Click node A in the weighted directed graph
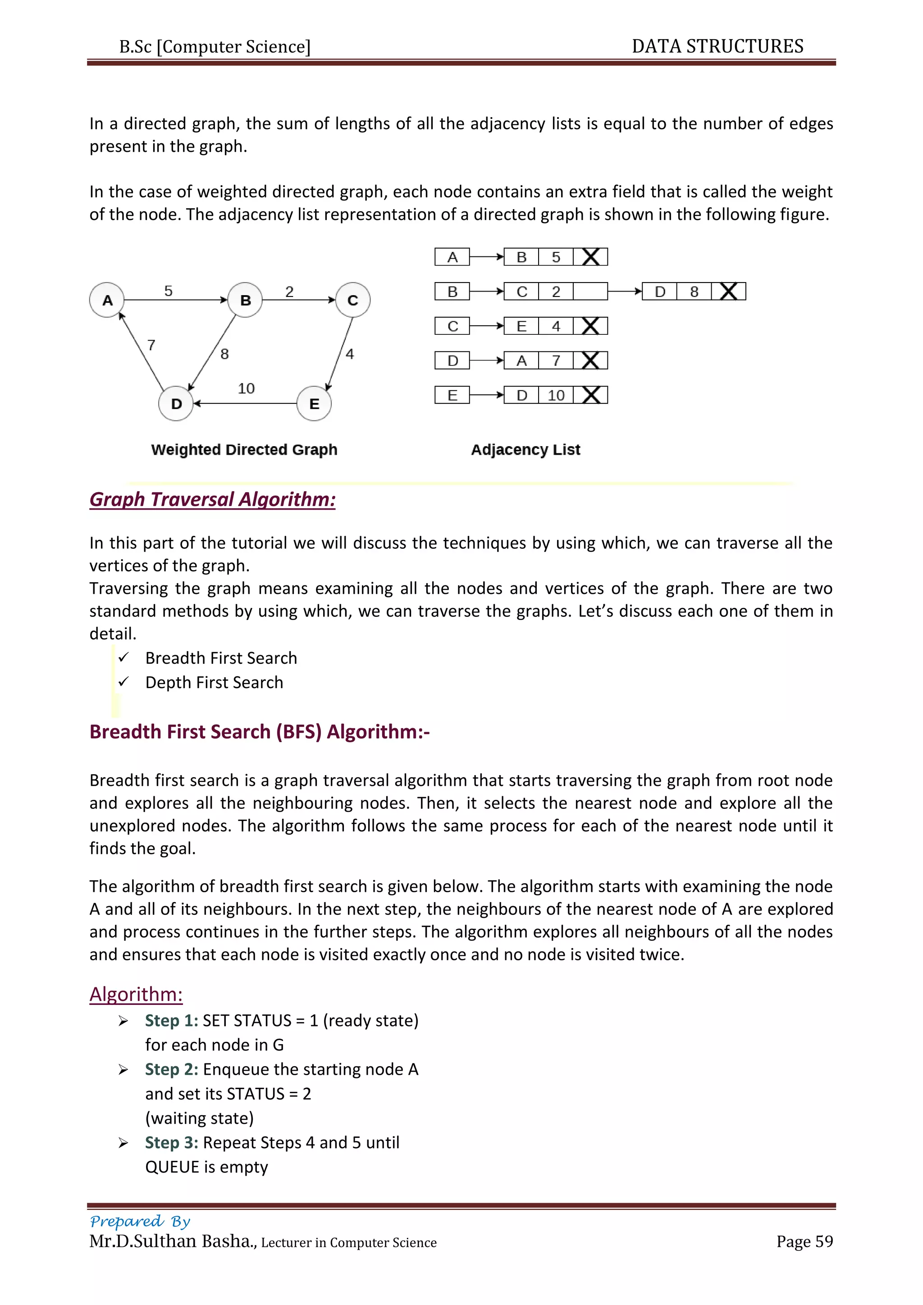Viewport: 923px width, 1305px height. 107,300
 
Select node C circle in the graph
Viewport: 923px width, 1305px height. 352,300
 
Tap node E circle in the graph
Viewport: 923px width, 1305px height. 314,404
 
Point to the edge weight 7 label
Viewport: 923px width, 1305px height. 151,345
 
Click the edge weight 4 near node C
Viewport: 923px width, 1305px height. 350,354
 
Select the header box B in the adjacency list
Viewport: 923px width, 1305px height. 452,292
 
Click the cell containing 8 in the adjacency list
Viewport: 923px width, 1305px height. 694,292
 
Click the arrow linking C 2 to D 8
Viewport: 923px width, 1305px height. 625,292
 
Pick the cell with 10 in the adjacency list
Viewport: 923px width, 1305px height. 556,395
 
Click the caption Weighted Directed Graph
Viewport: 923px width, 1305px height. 244,450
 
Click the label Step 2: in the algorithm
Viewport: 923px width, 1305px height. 171,1069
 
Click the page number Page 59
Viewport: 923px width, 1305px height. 804,1241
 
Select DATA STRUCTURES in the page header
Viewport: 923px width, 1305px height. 717,46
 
